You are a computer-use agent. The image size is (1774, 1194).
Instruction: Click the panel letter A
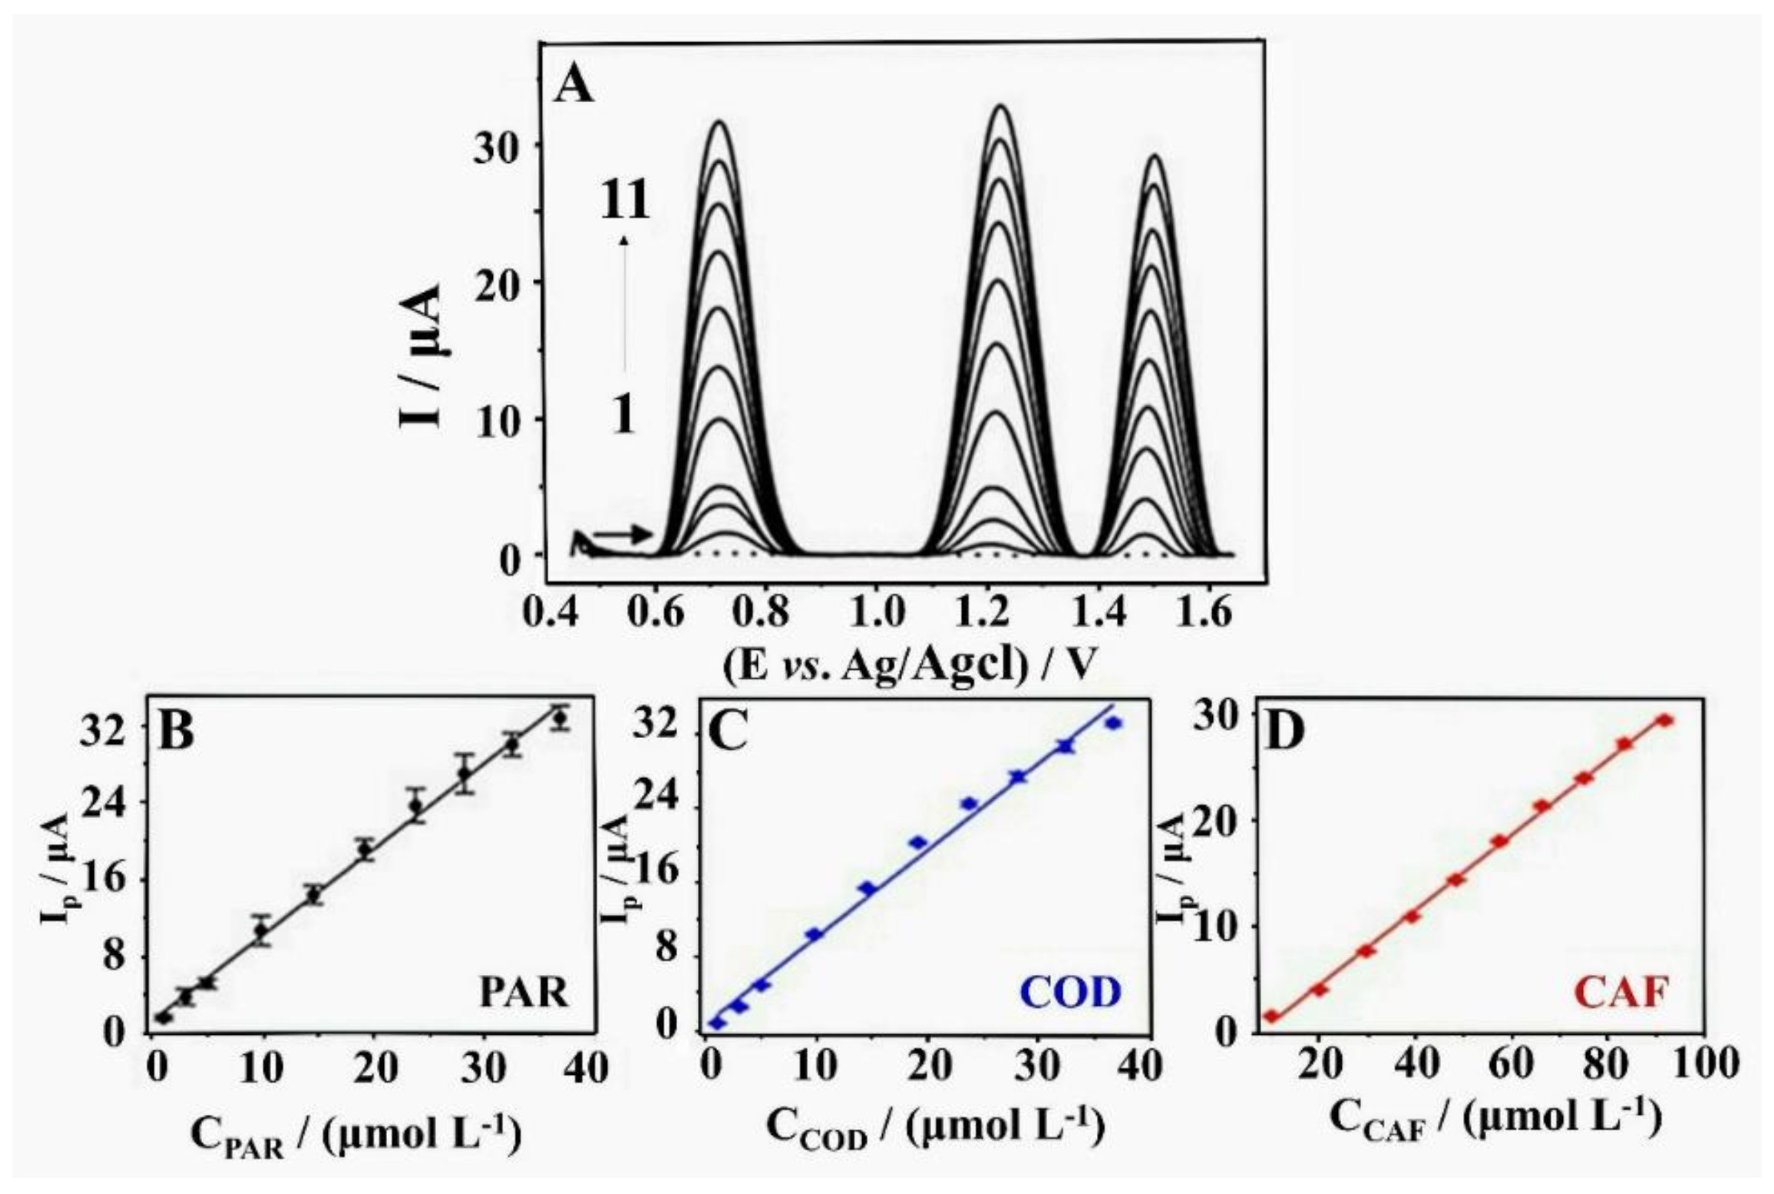coord(574,84)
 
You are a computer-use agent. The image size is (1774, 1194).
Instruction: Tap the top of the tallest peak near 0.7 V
coord(718,123)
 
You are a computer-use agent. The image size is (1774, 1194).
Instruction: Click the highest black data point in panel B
coord(560,718)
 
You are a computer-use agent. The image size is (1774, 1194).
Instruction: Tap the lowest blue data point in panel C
coord(716,1024)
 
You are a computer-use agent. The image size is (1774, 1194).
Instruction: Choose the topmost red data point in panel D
coord(1664,720)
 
